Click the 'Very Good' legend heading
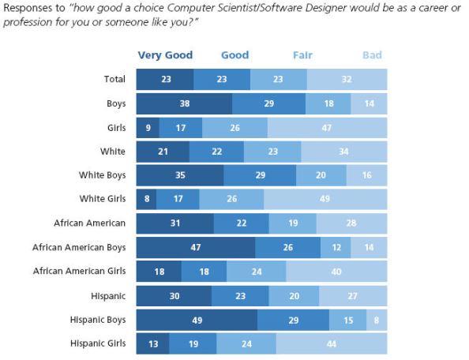[165, 55]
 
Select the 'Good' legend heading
[234, 55]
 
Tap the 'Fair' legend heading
[302, 55]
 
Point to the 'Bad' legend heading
[372, 55]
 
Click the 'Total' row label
[116, 79]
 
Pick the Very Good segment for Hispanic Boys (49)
[197, 320]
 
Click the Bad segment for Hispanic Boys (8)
[377, 320]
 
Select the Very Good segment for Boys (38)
[184, 103]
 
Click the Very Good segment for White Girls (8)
[146, 200]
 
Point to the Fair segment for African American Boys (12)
[336, 248]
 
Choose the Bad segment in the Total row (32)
[347, 79]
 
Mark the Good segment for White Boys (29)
[260, 175]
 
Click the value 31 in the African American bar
[175, 223]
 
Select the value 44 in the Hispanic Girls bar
[332, 344]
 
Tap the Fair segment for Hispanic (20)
[294, 296]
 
